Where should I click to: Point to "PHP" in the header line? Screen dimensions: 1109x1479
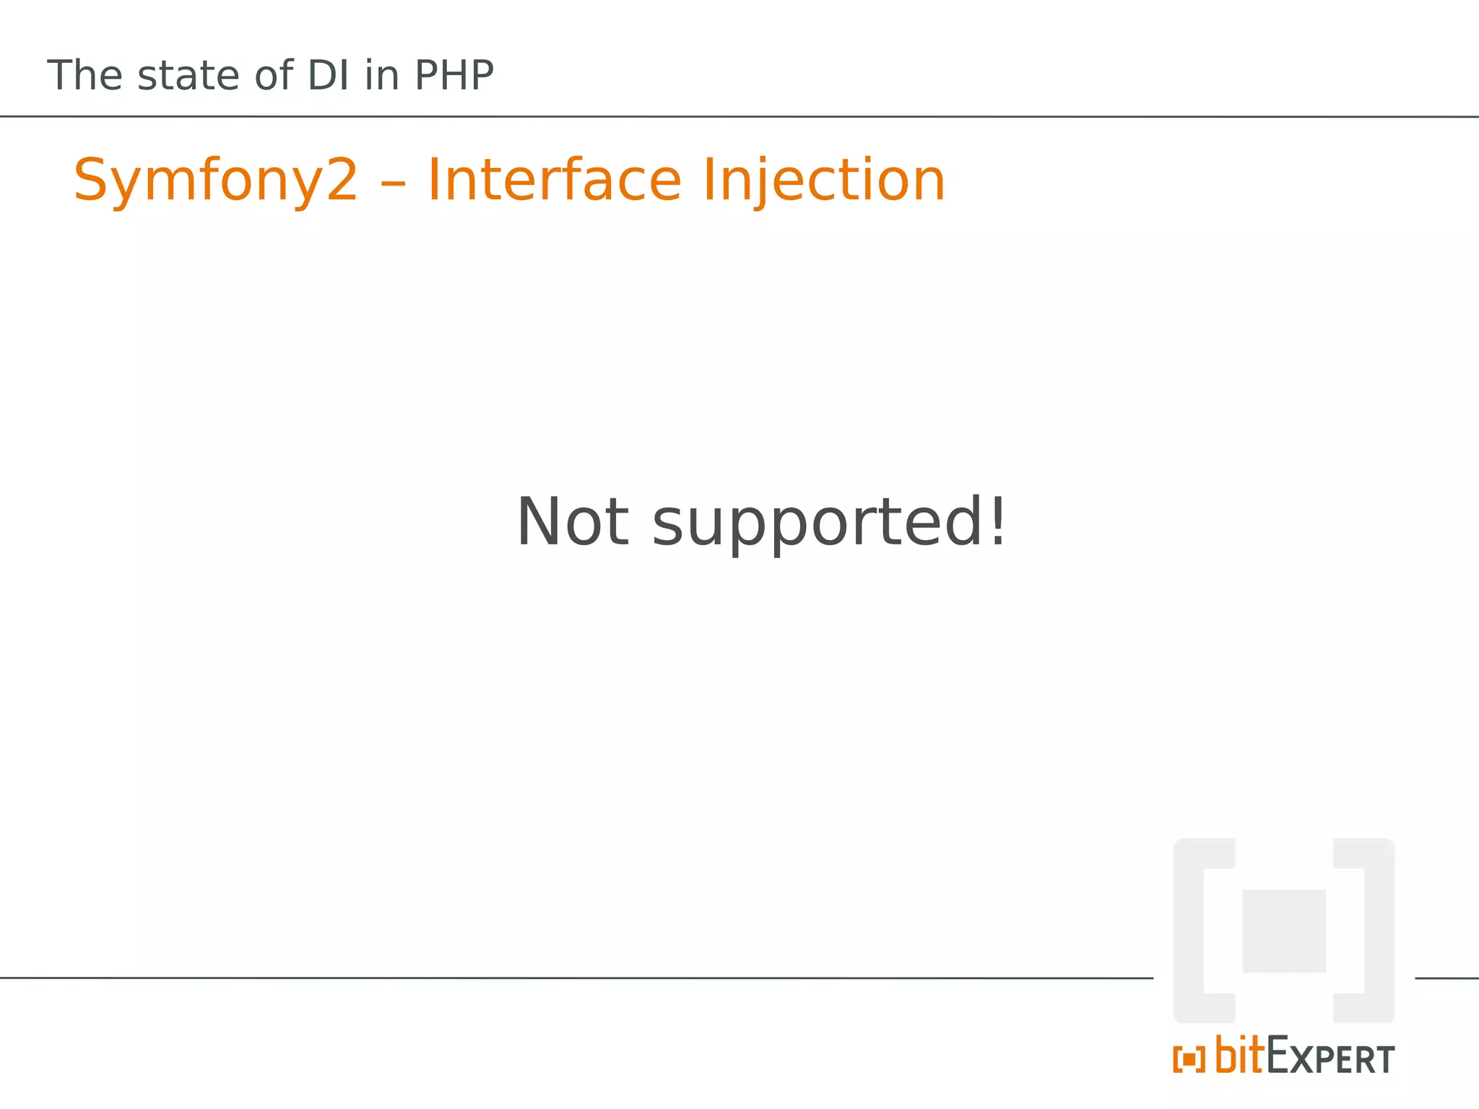[454, 75]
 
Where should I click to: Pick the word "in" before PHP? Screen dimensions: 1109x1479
[381, 75]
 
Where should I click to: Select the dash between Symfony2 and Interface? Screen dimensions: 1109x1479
[393, 182]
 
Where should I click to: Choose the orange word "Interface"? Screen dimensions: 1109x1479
[554, 180]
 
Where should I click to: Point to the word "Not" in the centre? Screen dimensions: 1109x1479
[573, 522]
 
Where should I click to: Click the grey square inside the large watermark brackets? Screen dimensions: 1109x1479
[1284, 931]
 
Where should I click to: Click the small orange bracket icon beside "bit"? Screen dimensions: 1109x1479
[1189, 1059]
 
